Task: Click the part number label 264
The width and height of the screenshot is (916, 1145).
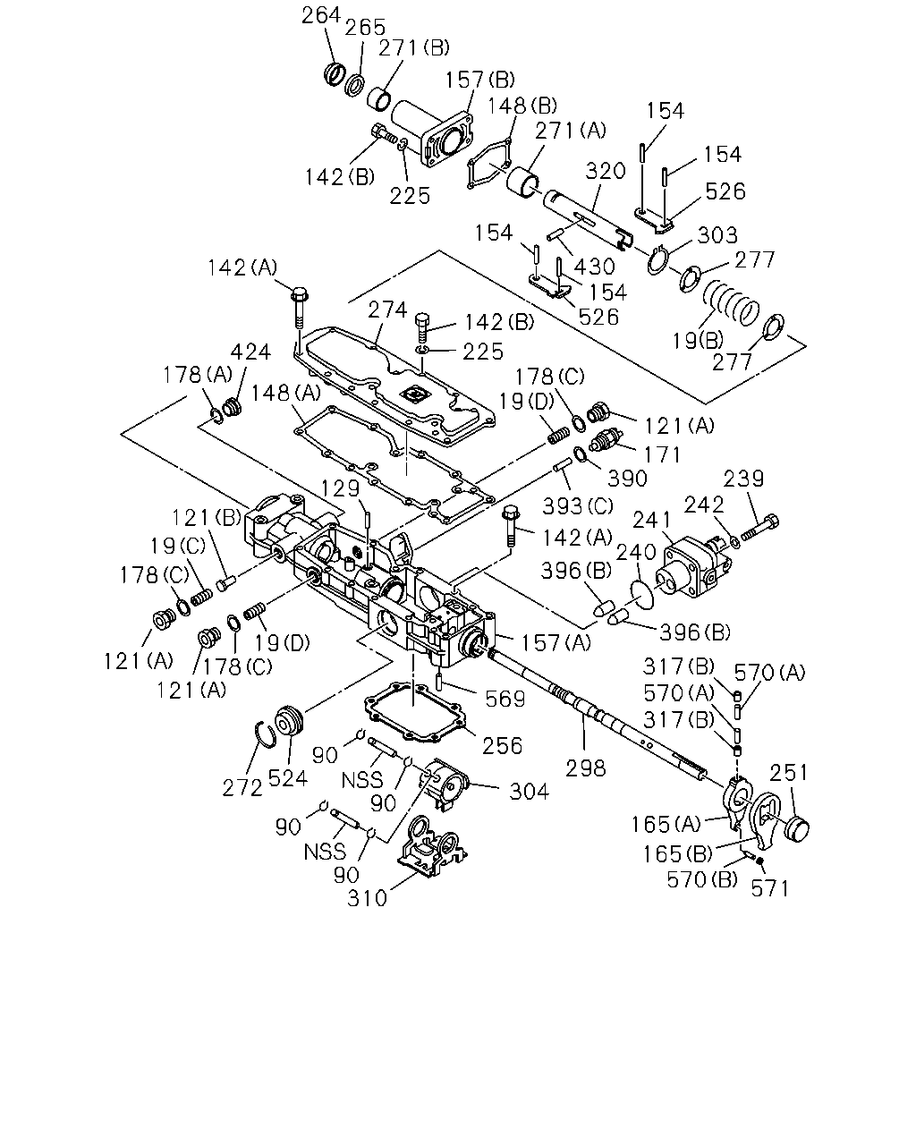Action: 320,15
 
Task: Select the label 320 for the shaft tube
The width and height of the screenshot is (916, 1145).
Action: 606,172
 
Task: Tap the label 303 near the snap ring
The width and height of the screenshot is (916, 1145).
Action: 717,235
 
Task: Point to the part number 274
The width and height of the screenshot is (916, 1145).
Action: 387,310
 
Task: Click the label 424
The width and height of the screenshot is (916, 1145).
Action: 250,352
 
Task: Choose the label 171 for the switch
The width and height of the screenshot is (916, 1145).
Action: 662,455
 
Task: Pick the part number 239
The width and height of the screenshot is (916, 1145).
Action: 743,479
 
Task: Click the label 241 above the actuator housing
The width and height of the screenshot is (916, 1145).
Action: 652,520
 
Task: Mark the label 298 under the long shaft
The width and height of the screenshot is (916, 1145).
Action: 586,768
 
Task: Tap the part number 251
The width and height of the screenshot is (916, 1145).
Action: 789,773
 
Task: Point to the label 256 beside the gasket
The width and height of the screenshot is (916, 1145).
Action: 503,746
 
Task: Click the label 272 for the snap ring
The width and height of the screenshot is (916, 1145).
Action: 242,788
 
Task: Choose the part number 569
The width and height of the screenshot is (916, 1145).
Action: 505,700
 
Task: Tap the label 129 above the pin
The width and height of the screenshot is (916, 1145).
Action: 341,488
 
